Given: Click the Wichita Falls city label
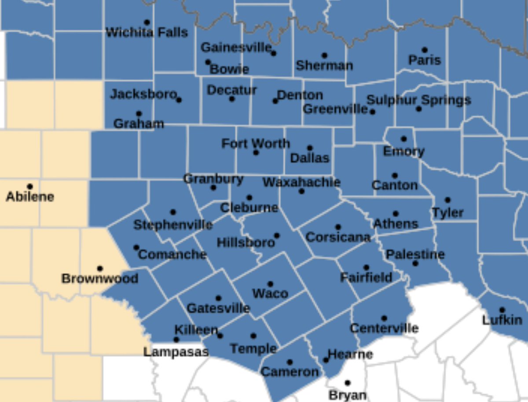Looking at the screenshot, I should tap(147, 33).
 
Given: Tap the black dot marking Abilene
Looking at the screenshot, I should tap(30, 187).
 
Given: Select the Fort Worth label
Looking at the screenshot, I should tap(256, 144).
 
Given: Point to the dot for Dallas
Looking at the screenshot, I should tap(310, 148).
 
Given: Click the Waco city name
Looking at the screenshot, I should tap(270, 294).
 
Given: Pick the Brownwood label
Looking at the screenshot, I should tap(100, 279).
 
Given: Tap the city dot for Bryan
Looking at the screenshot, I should tap(347, 383).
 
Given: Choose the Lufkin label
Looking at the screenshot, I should tap(502, 320).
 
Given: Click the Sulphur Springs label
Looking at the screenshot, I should tap(418, 100).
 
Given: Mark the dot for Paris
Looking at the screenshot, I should tap(425, 50).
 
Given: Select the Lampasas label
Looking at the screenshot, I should tap(176, 352).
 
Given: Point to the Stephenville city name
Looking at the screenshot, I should tap(173, 225).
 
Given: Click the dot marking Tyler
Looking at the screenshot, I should tap(447, 200).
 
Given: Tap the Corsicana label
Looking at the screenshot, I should tap(338, 237).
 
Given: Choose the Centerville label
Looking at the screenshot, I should tap(384, 328).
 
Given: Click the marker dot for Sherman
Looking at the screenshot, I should tap(324, 55).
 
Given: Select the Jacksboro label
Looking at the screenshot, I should tap(143, 94).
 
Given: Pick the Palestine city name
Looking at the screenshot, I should tap(415, 254).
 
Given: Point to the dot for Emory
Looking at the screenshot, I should tap(403, 139).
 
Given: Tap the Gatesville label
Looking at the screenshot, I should tap(218, 308).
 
